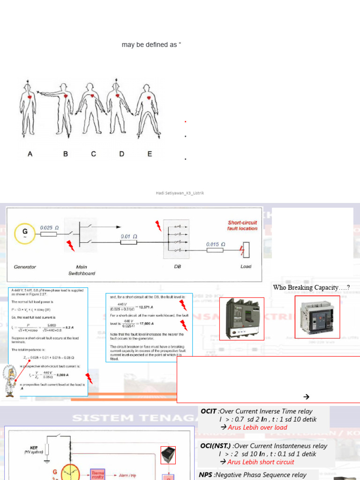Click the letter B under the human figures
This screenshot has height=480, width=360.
pos(66,154)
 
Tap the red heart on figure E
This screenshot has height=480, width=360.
pos(149,98)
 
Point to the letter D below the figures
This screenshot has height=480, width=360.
pos(121,154)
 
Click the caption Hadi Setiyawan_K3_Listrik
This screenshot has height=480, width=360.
pos(180,193)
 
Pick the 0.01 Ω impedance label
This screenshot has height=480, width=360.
pos(128,237)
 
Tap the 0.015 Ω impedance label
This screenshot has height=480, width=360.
pos(216,244)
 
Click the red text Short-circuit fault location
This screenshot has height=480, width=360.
pos(242,225)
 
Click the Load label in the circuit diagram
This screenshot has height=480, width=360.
pos(246,266)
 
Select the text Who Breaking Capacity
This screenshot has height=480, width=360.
pos(311,287)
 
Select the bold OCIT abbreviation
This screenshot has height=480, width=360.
pos(209,411)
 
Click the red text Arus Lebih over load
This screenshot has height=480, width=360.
pos(257,427)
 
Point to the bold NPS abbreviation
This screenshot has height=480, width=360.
pos(206,475)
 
